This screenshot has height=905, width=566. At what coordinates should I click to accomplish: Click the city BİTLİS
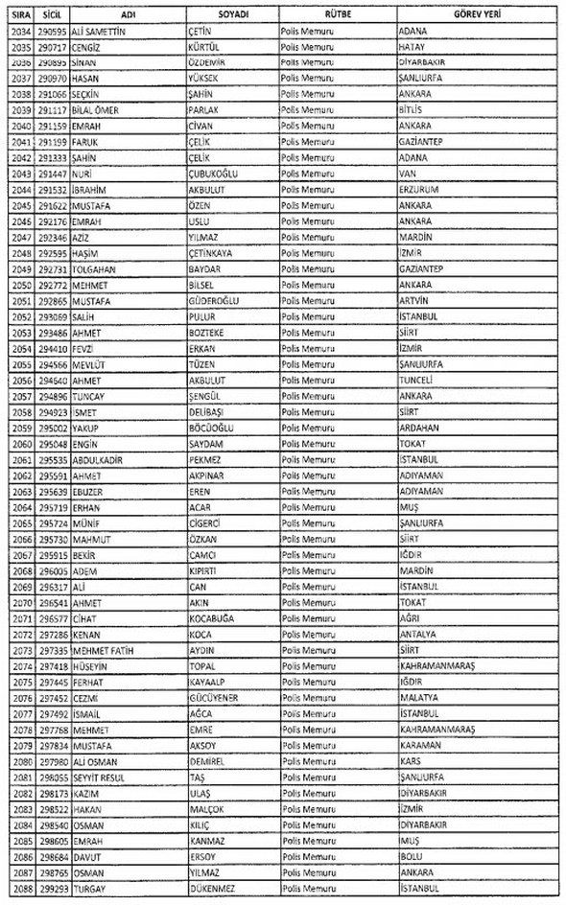click(x=414, y=110)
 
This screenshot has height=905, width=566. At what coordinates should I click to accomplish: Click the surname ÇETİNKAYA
click(x=217, y=252)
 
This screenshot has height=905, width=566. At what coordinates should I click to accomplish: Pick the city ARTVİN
click(x=416, y=299)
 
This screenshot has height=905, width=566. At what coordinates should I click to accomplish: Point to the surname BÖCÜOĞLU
click(x=214, y=427)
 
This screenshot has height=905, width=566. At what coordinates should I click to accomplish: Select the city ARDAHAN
click(x=421, y=427)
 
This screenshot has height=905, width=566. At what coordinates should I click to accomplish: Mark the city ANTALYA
click(x=419, y=634)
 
